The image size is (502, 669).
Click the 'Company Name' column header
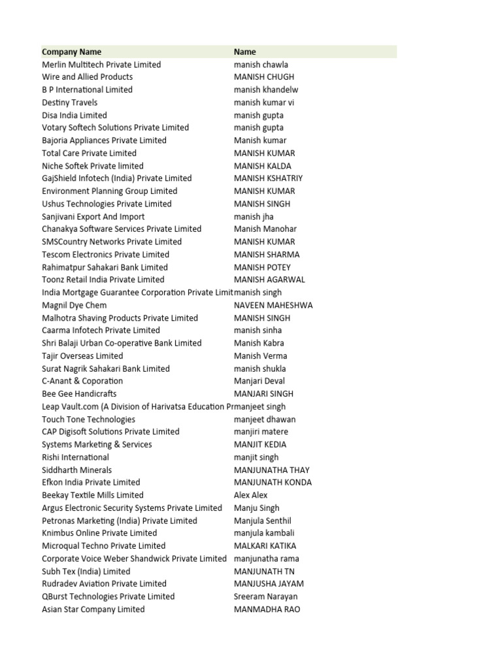[71, 52]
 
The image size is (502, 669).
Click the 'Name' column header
[245, 52]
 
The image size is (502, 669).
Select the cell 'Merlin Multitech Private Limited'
[101, 65]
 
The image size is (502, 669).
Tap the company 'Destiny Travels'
[70, 103]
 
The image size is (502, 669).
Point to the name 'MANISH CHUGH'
[264, 77]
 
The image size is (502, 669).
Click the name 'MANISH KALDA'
[263, 166]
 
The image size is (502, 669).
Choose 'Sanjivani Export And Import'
[93, 217]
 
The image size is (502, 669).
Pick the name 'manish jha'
[254, 217]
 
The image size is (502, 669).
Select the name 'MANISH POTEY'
[263, 267]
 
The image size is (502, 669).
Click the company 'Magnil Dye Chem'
[75, 305]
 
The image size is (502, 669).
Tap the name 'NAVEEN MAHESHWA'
[273, 305]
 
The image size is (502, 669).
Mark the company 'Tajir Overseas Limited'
[82, 356]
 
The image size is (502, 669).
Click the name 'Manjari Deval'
[259, 381]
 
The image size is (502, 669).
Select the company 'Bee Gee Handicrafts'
[79, 394]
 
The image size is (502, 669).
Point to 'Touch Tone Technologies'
[89, 419]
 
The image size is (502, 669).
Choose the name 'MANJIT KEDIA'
[260, 444]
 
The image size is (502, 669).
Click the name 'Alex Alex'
[251, 495]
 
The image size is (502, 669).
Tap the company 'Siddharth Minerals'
[77, 470]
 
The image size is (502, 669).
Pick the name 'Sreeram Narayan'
[265, 596]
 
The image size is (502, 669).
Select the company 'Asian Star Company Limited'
[93, 610]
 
